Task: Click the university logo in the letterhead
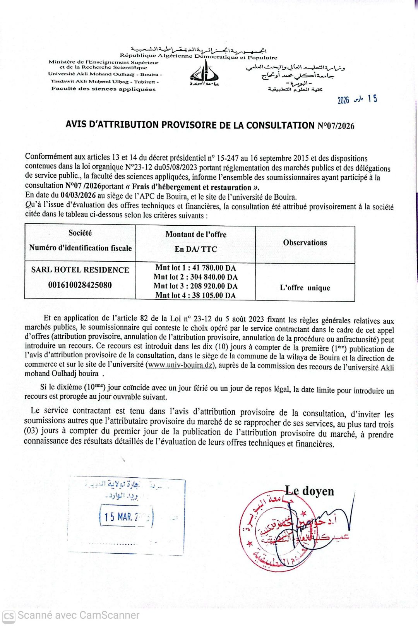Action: coord(204,74)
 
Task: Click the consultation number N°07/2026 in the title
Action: coord(336,126)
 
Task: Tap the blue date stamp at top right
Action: coord(357,99)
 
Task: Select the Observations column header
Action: coord(305,243)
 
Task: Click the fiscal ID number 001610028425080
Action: coord(80,285)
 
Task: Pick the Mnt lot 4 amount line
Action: coord(195,295)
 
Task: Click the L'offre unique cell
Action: coord(305,288)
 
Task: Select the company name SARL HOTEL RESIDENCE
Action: coord(80,270)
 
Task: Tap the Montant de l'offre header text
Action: coord(196,234)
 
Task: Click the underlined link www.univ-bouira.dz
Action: coord(181,365)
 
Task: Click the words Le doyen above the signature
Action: coord(309,491)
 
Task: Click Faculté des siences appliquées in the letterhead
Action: coord(103,89)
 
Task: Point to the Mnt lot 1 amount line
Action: coord(195,268)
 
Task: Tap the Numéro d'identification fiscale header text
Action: coord(81,248)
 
